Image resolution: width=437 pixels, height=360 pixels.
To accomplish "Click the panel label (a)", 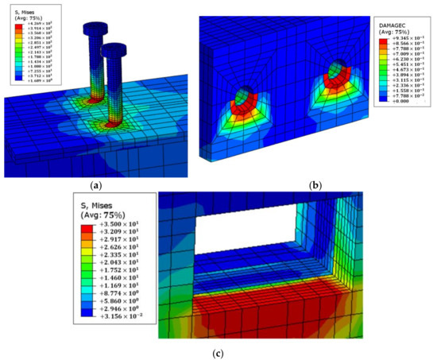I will pos(96,184).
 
